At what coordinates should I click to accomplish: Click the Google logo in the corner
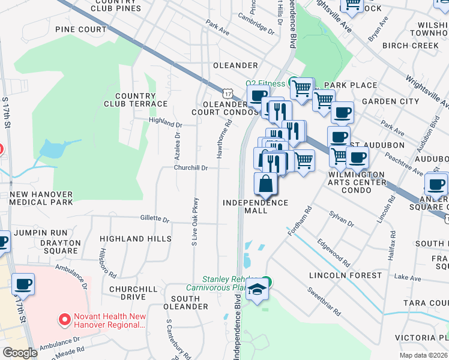pos(20,353)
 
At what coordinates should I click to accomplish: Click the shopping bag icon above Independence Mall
pos(266,184)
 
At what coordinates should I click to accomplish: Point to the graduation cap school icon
pos(258,290)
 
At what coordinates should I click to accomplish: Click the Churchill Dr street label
pos(191,169)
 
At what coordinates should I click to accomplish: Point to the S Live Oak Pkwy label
pos(194,221)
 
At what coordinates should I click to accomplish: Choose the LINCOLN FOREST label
pos(345,275)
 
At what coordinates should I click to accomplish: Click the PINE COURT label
pos(80,29)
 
